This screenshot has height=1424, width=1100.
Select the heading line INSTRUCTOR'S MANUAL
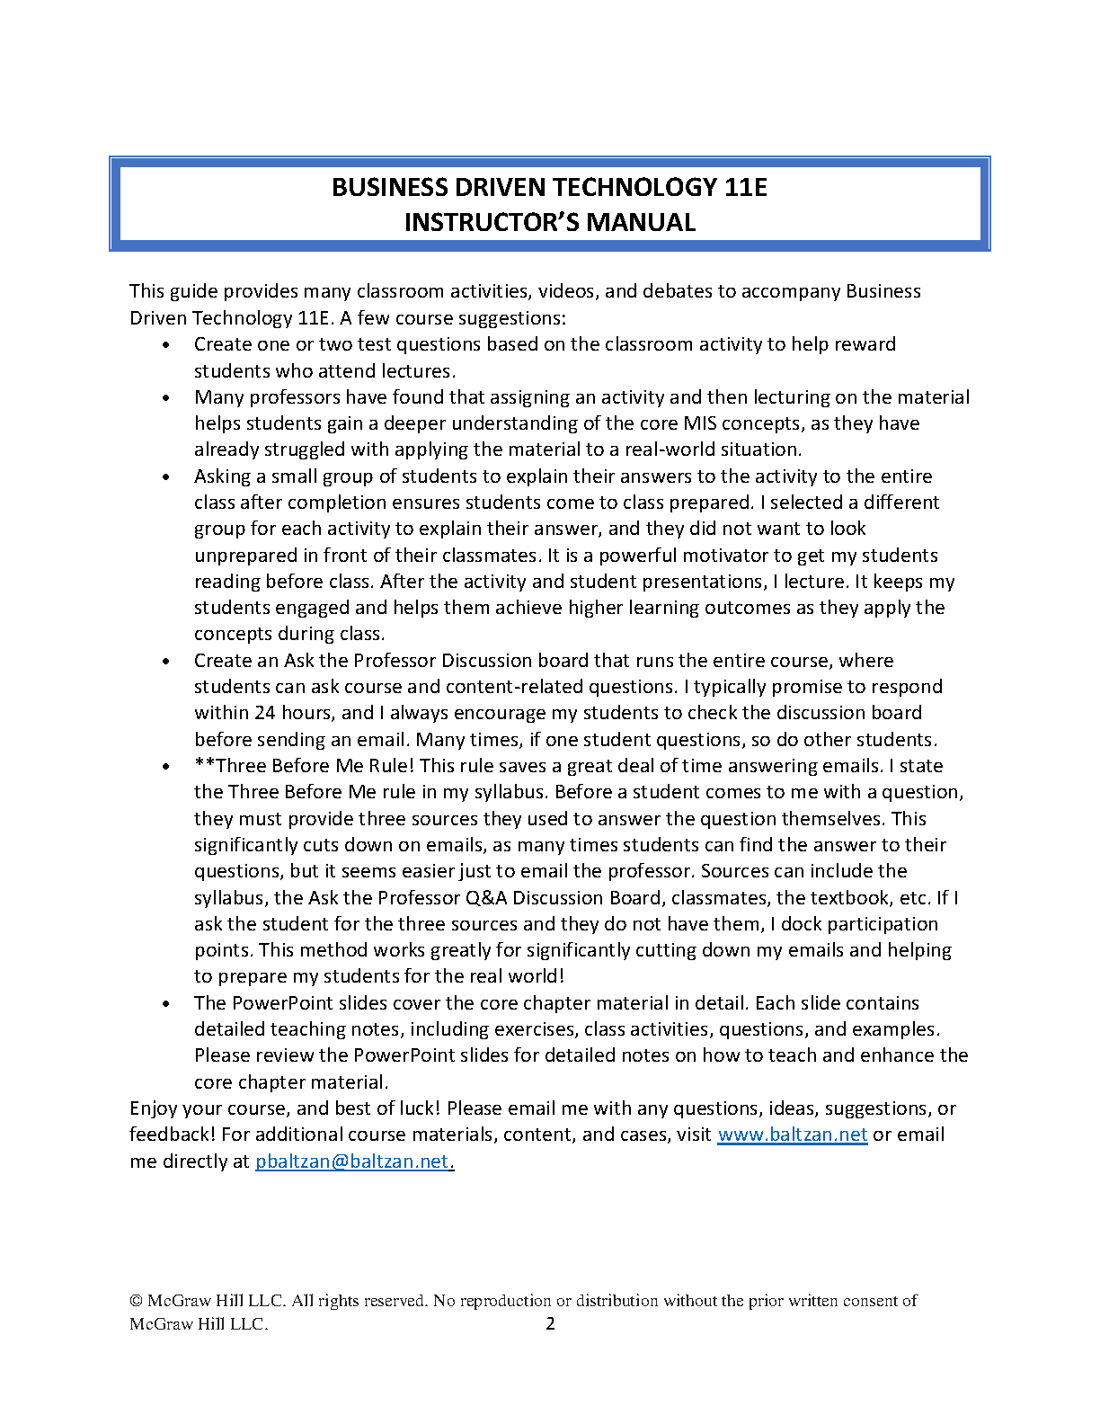click(550, 222)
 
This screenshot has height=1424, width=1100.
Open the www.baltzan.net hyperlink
click(792, 1135)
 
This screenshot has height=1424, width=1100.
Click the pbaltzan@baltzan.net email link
click(351, 1161)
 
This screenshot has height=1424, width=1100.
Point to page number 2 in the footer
click(551, 1323)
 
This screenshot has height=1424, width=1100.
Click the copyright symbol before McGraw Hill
click(137, 1301)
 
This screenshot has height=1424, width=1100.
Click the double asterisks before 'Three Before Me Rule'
click(204, 765)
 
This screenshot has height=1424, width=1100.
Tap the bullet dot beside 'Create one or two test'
click(166, 345)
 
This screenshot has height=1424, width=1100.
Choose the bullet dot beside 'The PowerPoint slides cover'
click(166, 1004)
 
